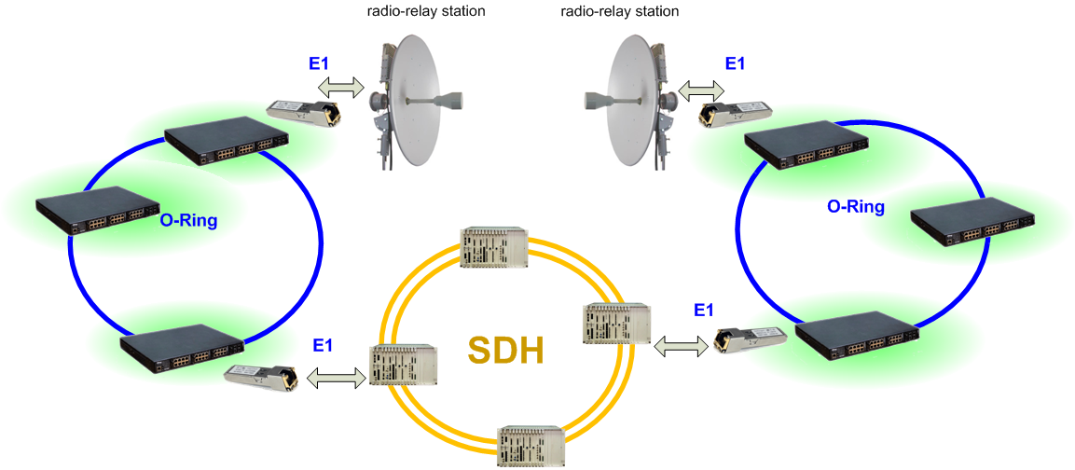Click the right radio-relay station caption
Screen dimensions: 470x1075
619,12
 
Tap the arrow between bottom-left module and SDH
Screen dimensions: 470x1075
336,378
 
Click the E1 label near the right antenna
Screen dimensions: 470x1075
735,63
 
